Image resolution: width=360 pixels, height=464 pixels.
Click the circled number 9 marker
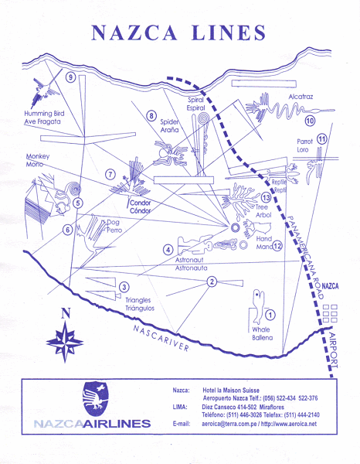(70, 77)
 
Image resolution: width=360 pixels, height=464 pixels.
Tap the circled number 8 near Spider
(151, 116)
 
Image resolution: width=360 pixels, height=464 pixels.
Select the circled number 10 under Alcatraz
(311, 121)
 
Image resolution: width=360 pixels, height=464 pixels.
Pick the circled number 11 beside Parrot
(321, 138)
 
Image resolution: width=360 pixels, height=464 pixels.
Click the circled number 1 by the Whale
(270, 315)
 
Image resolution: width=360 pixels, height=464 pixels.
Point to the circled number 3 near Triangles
(124, 288)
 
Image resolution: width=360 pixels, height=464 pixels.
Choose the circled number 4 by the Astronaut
(168, 249)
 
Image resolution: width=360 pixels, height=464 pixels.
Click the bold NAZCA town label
(330, 286)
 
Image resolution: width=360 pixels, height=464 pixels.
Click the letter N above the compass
(66, 313)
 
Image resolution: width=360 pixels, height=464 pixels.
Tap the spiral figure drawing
(202, 121)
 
